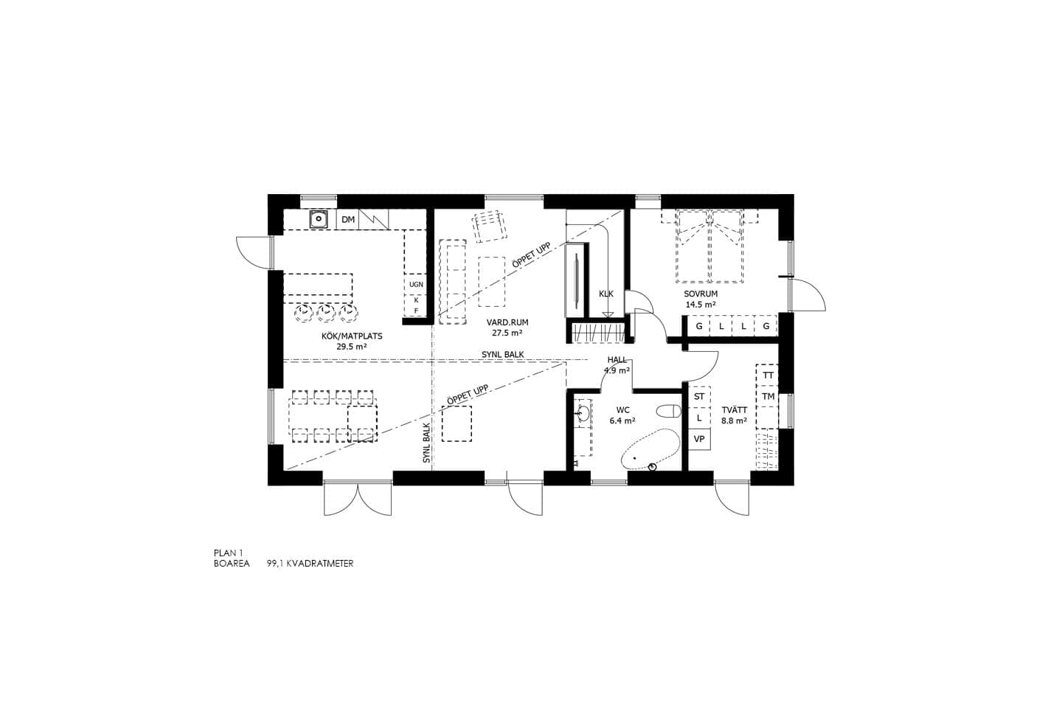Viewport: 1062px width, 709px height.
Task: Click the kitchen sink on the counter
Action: [319, 219]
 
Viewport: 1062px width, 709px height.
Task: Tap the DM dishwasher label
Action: [348, 220]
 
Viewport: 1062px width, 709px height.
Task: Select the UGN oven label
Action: [416, 284]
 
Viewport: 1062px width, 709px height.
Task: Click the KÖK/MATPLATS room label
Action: [352, 336]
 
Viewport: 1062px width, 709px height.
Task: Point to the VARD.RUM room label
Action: [507, 322]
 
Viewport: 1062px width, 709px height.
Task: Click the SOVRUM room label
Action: [700, 294]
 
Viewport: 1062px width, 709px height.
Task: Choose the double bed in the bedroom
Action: [709, 246]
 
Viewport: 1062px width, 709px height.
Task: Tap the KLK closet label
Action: [605, 294]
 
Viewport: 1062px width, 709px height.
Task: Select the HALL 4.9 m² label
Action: [617, 365]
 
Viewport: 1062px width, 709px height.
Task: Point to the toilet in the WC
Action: [669, 410]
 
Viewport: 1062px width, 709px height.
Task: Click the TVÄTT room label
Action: [734, 410]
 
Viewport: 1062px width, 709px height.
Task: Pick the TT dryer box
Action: [768, 376]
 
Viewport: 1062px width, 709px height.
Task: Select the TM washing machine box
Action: [768, 397]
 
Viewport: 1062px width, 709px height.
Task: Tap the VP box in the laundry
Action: [699, 439]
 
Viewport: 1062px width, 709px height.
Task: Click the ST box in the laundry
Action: [699, 397]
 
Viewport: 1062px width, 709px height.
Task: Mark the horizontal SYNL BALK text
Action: [503, 354]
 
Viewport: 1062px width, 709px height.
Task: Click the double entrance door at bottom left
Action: [358, 499]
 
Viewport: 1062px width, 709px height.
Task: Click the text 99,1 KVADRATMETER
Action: [310, 563]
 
